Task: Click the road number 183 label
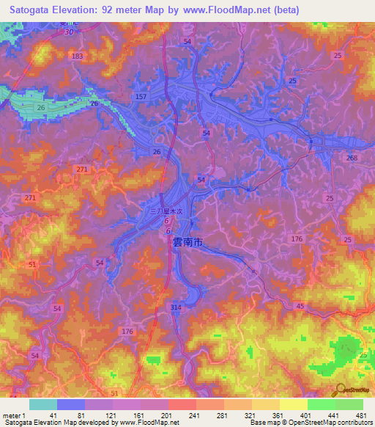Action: pyautogui.click(x=78, y=56)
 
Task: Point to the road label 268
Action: pyautogui.click(x=352, y=158)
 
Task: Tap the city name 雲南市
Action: pyautogui.click(x=187, y=241)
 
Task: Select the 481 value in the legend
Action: pyautogui.click(x=360, y=416)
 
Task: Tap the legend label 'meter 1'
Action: pyautogui.click(x=12, y=416)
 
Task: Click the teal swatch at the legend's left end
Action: pyautogui.click(x=42, y=404)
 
